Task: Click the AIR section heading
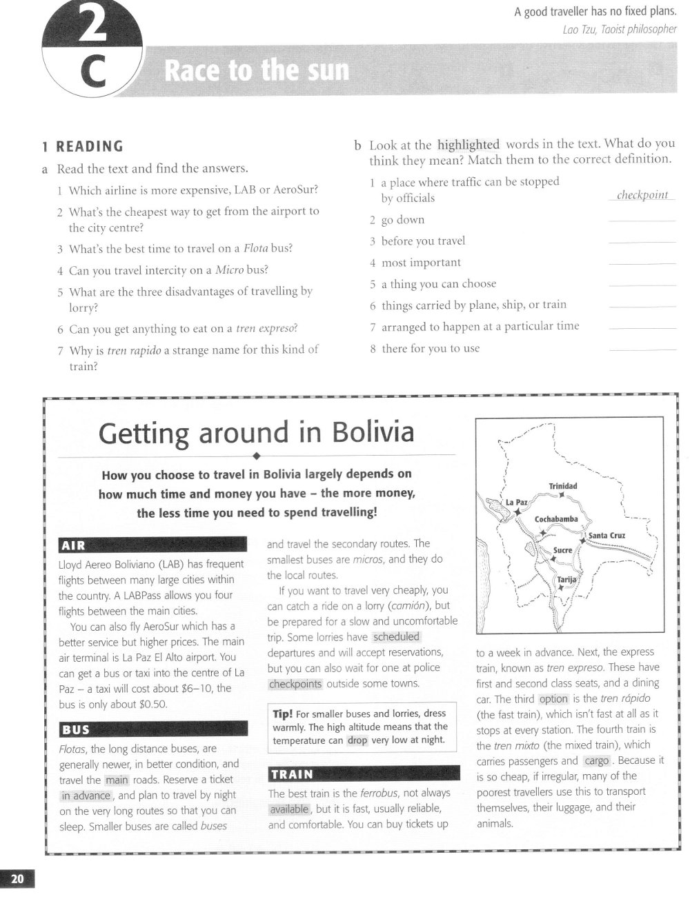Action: point(73,546)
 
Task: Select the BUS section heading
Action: point(76,730)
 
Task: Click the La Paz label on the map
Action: point(517,502)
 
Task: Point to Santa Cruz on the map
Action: point(607,535)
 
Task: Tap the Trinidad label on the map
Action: point(563,486)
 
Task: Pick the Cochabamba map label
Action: point(556,519)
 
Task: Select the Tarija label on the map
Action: point(566,580)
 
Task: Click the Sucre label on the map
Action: point(562,550)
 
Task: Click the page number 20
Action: point(17,878)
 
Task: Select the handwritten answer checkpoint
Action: point(642,195)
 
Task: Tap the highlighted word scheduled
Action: point(396,637)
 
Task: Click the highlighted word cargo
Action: point(596,760)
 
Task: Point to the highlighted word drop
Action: point(357,740)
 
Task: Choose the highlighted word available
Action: point(289,809)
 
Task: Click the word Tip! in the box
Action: point(283,713)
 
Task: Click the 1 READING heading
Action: point(82,146)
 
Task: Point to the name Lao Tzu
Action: point(580,29)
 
